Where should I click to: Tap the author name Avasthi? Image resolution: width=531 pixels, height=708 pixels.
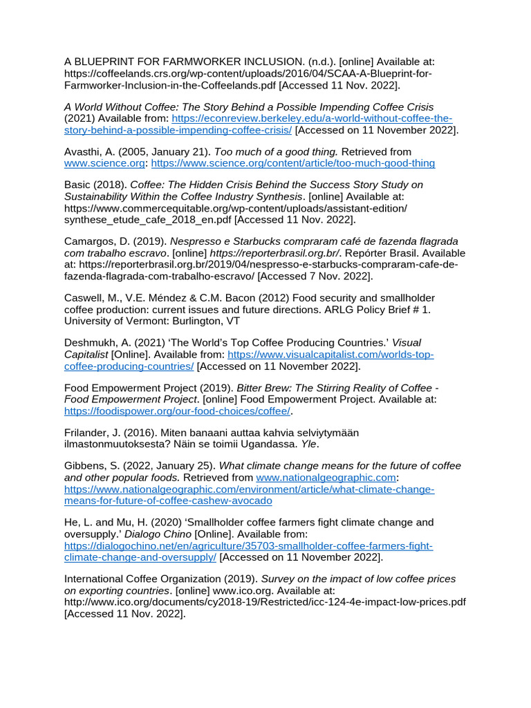(x=84, y=151)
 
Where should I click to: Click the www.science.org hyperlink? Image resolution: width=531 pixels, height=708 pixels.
(x=104, y=163)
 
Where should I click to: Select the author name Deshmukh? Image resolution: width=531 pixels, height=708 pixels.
(x=89, y=343)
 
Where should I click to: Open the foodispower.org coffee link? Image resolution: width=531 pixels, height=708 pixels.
(x=177, y=411)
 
